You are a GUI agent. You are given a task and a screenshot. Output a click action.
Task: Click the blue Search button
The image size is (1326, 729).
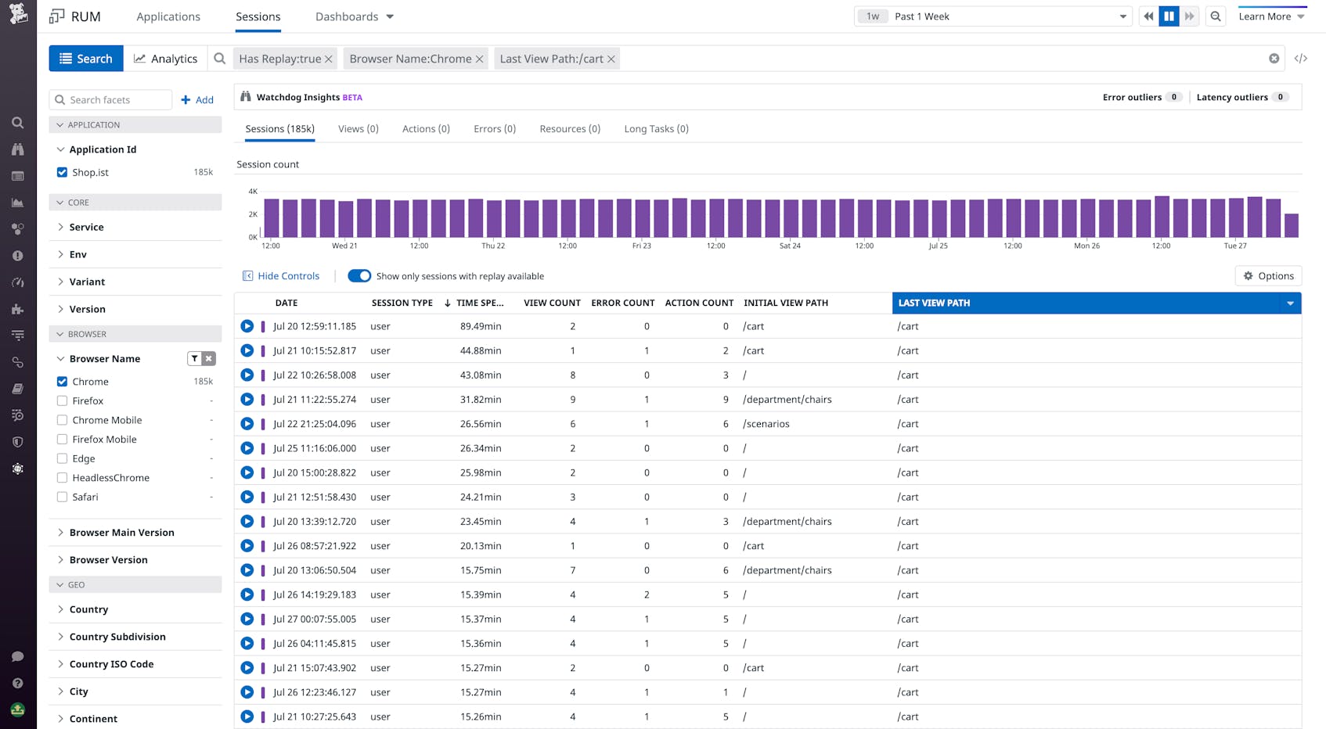click(x=86, y=59)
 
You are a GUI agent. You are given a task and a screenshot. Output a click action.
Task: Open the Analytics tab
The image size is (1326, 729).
click(x=165, y=59)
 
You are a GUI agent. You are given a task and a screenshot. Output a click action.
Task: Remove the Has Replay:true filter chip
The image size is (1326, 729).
click(x=329, y=59)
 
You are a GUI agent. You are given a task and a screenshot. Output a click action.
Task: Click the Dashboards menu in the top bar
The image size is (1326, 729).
click(x=354, y=16)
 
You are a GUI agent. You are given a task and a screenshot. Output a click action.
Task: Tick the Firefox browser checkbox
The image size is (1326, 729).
click(x=62, y=400)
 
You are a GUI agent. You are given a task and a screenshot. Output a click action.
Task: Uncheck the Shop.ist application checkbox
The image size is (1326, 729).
click(x=62, y=172)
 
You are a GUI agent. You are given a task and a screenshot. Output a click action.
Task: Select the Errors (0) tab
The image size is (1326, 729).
click(x=494, y=129)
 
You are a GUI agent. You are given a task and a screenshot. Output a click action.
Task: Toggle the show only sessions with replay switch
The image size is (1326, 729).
click(x=359, y=276)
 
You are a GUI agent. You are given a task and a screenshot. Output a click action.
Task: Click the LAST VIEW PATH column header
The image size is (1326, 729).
click(x=934, y=303)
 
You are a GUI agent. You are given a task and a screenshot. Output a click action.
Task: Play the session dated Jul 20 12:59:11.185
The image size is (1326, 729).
click(x=247, y=326)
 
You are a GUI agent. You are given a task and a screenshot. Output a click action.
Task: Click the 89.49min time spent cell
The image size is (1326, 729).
click(x=481, y=326)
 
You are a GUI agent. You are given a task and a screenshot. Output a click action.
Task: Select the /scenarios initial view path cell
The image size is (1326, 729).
click(x=766, y=424)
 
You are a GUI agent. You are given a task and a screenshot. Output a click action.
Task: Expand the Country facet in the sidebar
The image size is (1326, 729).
click(x=88, y=609)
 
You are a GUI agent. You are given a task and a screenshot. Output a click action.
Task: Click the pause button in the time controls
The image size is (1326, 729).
click(x=1169, y=16)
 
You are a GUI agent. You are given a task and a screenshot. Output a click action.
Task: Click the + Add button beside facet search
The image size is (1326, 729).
click(x=197, y=100)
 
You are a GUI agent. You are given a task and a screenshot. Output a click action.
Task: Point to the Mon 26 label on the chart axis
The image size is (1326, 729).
click(x=1086, y=246)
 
